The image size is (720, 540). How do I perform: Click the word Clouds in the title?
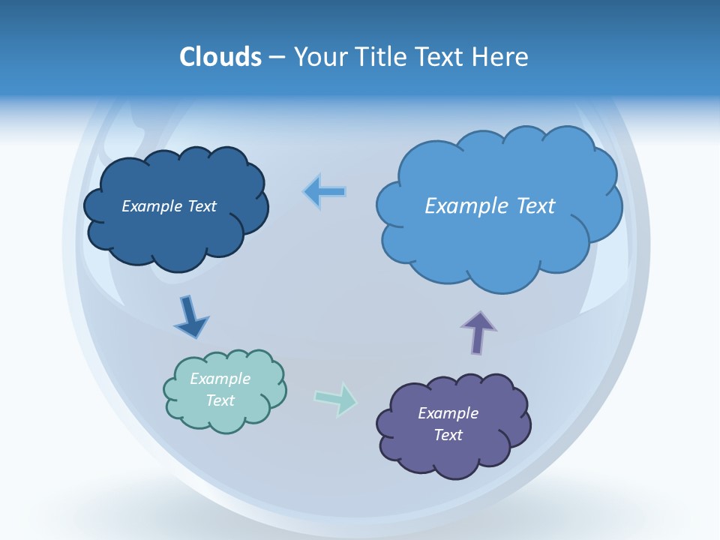pyautogui.click(x=220, y=57)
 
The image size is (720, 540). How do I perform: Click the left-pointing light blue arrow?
pyautogui.click(x=325, y=192)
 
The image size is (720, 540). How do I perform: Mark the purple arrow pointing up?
pyautogui.click(x=478, y=331)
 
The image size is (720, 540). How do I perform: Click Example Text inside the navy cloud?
pyautogui.click(x=169, y=206)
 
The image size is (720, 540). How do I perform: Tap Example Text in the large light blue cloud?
pyautogui.click(x=490, y=206)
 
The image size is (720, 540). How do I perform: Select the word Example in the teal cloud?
pyautogui.click(x=220, y=379)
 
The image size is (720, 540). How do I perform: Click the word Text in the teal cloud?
pyautogui.click(x=220, y=400)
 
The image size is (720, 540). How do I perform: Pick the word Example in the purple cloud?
pyautogui.click(x=448, y=413)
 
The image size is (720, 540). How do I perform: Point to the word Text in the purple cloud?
pyautogui.click(x=448, y=435)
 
